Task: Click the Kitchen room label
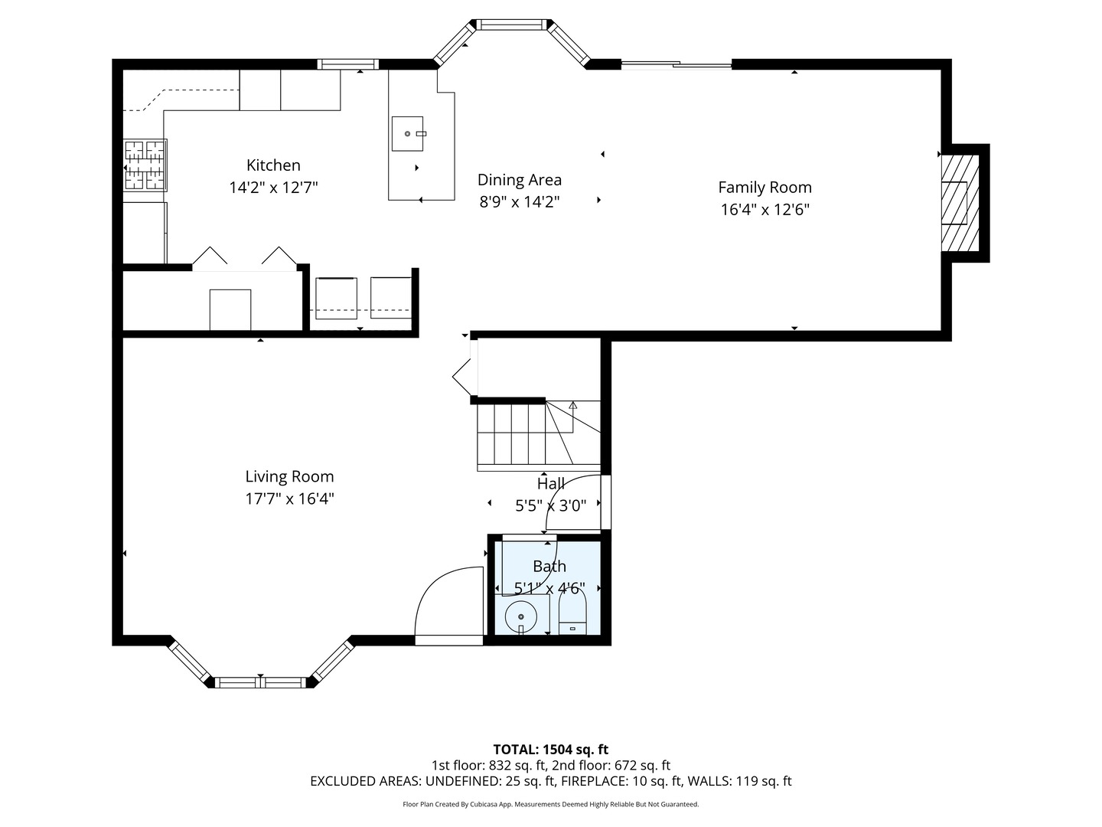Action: tap(273, 165)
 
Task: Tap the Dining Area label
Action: tap(519, 180)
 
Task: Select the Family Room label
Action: tap(765, 188)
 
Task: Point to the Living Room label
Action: tap(289, 476)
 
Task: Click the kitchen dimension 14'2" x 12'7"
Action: tap(274, 188)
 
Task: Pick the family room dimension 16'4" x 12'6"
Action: tap(765, 209)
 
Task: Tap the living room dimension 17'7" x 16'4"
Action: tap(289, 499)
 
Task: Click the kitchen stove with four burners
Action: tap(145, 165)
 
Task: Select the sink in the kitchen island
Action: tap(407, 133)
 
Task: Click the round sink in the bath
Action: tap(520, 616)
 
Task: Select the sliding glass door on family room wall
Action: tap(677, 64)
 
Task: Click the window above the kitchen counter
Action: tap(347, 64)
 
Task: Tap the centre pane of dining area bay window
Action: tap(511, 25)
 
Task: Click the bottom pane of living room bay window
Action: tap(260, 682)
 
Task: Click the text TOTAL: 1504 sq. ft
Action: tap(551, 750)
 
